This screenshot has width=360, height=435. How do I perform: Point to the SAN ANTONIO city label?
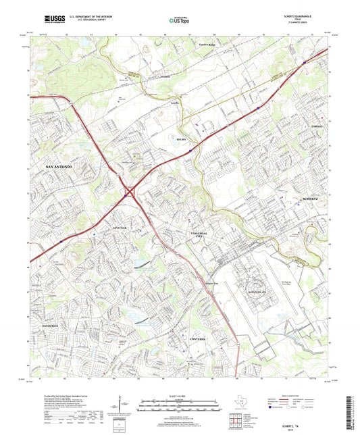pos(63,165)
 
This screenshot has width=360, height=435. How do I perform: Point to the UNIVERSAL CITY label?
pos(199,235)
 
